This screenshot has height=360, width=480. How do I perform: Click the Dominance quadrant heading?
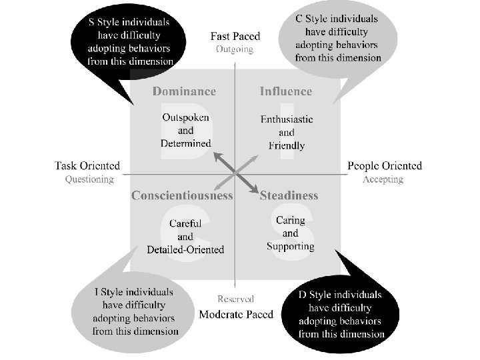click(184, 91)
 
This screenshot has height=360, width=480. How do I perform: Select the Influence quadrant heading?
click(285, 91)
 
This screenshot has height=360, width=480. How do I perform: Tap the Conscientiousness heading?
click(182, 195)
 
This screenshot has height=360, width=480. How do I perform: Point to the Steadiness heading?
click(289, 195)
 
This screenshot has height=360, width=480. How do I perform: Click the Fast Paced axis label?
click(235, 36)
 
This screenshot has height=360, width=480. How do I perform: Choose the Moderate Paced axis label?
click(236, 314)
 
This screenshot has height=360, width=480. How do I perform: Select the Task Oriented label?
click(87, 166)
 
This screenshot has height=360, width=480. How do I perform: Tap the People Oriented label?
click(385, 166)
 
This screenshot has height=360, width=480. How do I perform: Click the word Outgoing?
click(235, 49)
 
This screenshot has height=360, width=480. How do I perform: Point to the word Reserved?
click(235, 299)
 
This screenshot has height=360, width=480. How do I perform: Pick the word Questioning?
click(89, 179)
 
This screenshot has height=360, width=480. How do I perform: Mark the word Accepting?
click(383, 179)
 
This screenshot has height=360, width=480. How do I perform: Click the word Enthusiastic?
click(287, 120)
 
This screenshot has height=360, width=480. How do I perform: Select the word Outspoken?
click(186, 117)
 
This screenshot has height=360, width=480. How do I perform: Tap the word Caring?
click(291, 220)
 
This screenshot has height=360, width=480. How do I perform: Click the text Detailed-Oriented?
click(185, 249)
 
